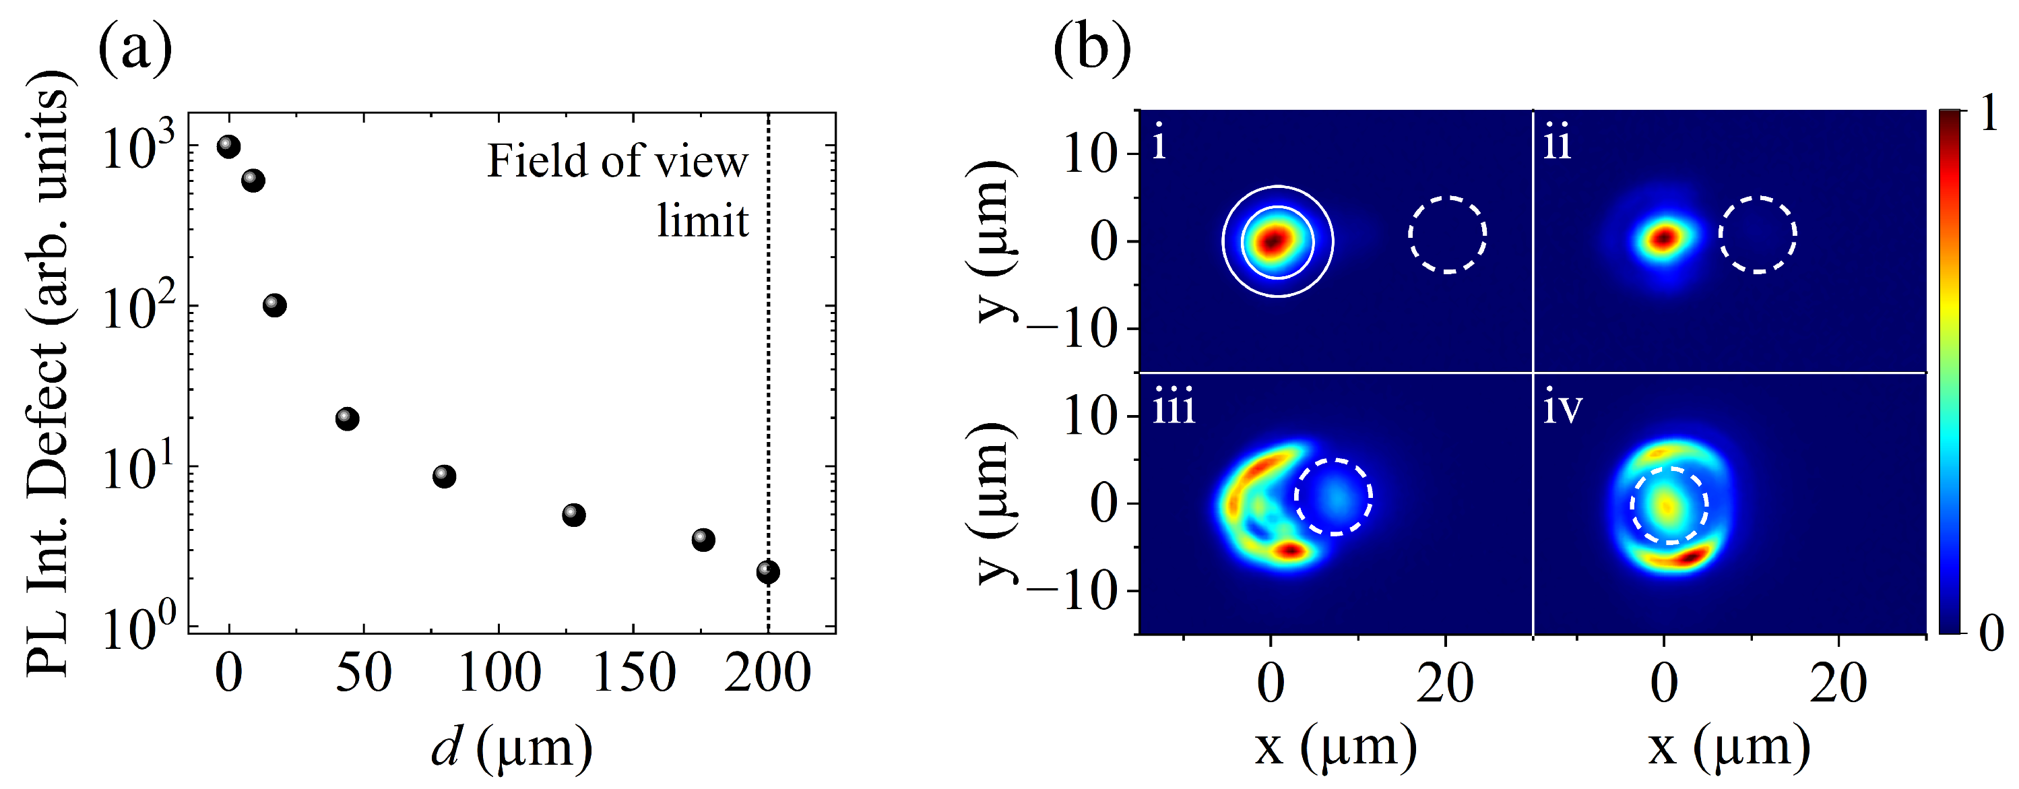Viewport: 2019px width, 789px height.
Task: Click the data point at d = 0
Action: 228,146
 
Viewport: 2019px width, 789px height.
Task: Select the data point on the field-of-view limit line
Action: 768,572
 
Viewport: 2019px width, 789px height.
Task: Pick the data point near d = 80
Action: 445,476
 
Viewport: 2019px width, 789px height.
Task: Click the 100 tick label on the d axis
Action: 499,674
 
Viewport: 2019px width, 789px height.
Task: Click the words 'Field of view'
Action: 617,162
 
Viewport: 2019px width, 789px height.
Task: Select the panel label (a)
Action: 135,49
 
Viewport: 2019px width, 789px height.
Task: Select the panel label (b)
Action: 1092,49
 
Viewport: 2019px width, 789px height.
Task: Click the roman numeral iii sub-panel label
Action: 1174,409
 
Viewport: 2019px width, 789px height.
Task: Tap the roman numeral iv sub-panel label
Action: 1562,409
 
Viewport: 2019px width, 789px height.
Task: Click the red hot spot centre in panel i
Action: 1275,241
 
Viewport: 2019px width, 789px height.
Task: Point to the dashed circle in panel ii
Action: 1758,234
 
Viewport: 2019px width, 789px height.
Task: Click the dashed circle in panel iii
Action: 1333,497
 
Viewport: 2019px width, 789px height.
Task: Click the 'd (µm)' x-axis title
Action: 512,749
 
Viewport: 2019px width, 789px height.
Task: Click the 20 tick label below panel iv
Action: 1838,683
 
